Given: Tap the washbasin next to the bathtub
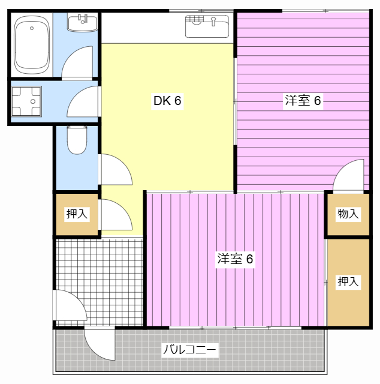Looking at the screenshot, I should coord(82,23).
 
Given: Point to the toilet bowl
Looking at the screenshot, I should coord(76,140).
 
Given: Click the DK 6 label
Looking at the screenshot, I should coord(167,101).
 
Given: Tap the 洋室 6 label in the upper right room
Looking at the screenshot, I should coord(303,101).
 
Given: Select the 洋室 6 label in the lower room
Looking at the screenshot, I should coord(235,259).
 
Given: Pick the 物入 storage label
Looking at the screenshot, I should coord(348,214).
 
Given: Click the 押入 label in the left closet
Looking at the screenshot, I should coord(77,214).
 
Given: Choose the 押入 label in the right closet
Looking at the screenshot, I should coord(348,281).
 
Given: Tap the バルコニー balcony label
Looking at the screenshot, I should coord(189,350).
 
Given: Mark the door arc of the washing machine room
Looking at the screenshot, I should coord(83,103).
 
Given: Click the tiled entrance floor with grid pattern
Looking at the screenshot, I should coord(99,270).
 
